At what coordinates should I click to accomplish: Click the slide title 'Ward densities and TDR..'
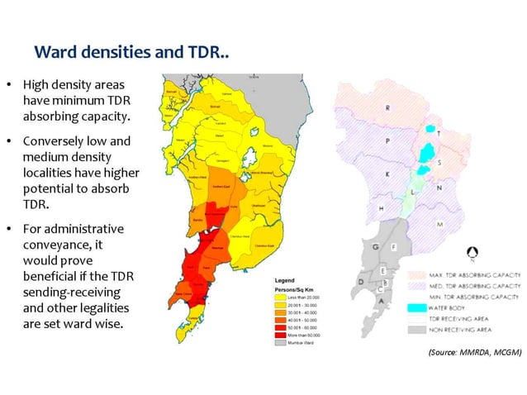pos(131,52)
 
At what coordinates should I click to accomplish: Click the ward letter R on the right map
pos(388,108)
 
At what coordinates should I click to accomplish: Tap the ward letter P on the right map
pos(387,141)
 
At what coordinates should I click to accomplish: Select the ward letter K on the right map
pos(386,175)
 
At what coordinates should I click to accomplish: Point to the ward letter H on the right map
pos(380,208)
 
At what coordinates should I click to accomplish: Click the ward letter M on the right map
pos(440,224)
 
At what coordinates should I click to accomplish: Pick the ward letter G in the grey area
pos(377,248)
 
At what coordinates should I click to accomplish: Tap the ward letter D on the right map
pos(361,281)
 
